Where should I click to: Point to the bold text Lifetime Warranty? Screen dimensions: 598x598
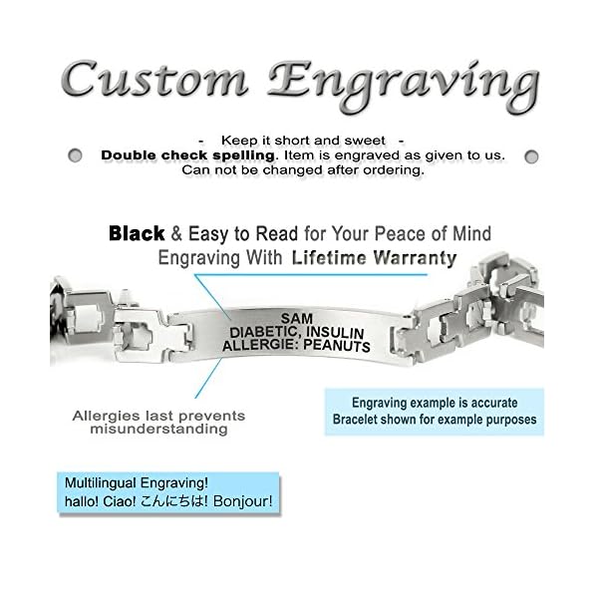(x=374, y=258)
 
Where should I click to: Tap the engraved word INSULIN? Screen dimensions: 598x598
(x=340, y=331)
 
